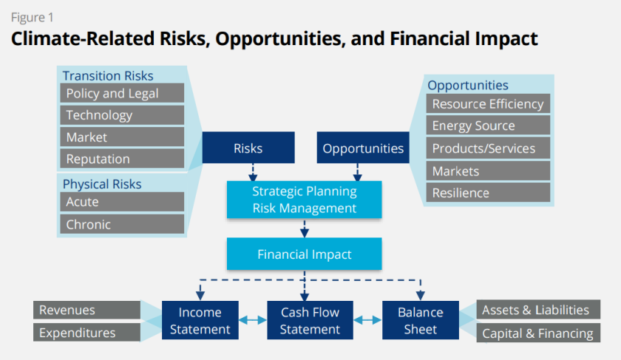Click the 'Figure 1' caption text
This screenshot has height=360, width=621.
pyautogui.click(x=32, y=17)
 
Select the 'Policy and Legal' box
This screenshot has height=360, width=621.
pyautogui.click(x=122, y=93)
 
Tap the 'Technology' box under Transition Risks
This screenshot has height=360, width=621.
pyautogui.click(x=122, y=115)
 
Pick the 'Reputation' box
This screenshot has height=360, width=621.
pyautogui.click(x=122, y=159)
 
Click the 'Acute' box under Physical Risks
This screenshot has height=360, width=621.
pyautogui.click(x=122, y=202)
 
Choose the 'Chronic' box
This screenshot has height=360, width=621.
pyautogui.click(x=122, y=224)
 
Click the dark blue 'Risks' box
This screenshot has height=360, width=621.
pyautogui.click(x=248, y=148)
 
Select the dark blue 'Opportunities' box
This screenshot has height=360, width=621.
pyautogui.click(x=363, y=148)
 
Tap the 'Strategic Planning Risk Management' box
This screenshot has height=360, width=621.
pyautogui.click(x=304, y=200)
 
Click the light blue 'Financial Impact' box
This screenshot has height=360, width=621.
pyautogui.click(x=304, y=254)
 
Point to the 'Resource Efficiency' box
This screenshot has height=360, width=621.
pyautogui.click(x=488, y=104)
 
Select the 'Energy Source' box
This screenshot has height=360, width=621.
pyautogui.click(x=488, y=126)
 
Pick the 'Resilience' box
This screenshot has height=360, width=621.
pyautogui.click(x=488, y=193)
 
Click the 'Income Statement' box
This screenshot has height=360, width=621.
pyautogui.click(x=200, y=320)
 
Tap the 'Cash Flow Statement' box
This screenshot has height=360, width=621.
pyautogui.click(x=310, y=320)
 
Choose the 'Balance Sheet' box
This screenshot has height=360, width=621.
pyautogui.click(x=420, y=320)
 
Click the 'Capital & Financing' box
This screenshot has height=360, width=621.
pyautogui.click(x=537, y=333)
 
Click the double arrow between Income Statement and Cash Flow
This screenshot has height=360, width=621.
pyautogui.click(x=252, y=320)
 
